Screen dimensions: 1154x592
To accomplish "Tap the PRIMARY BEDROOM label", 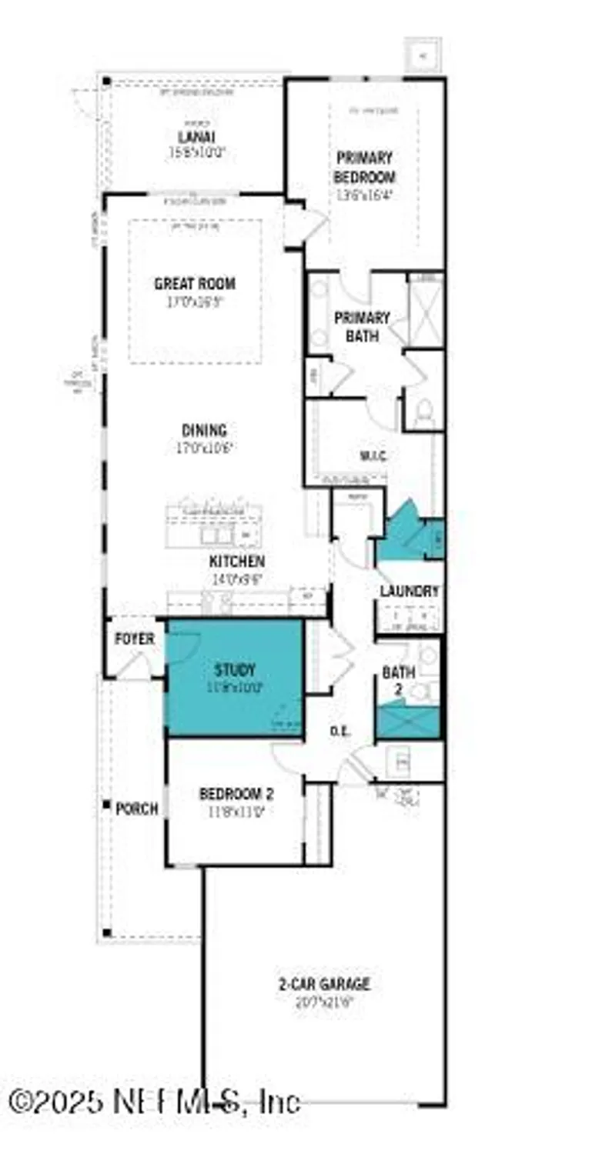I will (364, 167).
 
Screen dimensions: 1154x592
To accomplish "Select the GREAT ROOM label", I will (195, 284).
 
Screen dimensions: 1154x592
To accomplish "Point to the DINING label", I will (204, 431).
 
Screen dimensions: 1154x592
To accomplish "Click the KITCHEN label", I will (237, 562).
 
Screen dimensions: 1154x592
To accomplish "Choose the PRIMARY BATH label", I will (362, 326).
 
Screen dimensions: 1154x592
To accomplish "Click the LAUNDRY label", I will (410, 592).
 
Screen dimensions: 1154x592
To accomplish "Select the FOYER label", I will (135, 639).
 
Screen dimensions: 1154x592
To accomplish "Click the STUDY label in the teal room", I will (235, 670).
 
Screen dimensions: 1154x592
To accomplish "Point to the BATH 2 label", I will (399, 679).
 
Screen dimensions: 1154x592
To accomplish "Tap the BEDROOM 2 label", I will (236, 794).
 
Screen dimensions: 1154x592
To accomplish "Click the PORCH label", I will (137, 809).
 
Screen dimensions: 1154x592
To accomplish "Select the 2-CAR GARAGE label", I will (324, 983).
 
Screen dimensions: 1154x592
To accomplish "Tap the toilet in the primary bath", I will (424, 416).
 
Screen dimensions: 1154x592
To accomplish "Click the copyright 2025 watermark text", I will (154, 1102).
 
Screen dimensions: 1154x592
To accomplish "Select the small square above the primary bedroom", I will (422, 55).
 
